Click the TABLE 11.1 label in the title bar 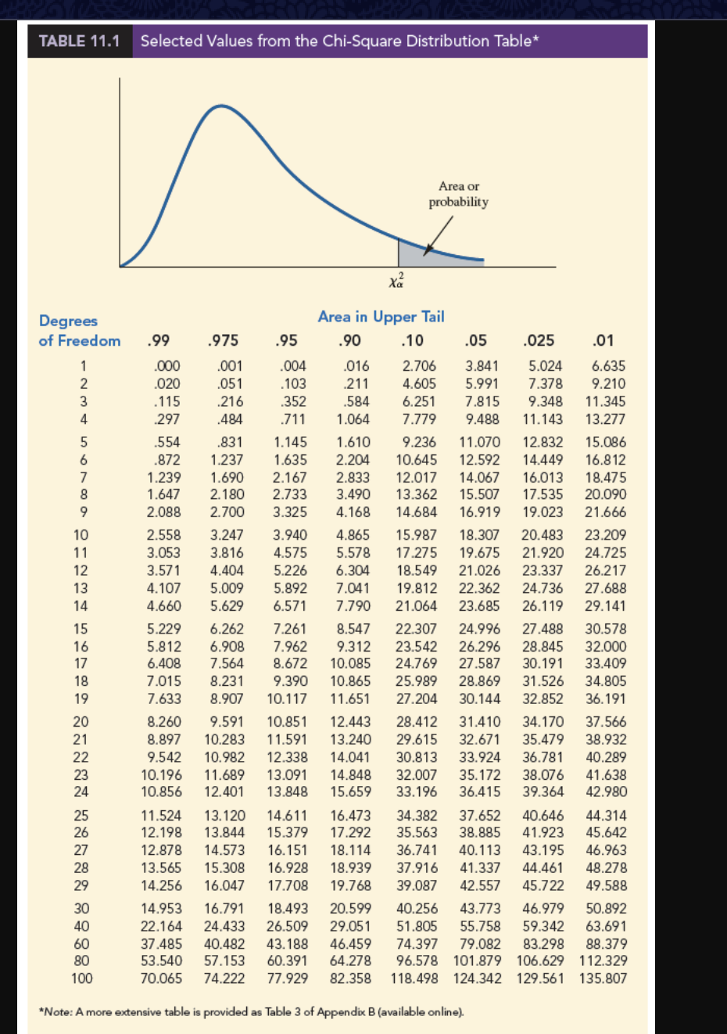coord(79,41)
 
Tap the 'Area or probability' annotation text coord(458,194)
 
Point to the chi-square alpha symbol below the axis coord(397,280)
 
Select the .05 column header coord(475,340)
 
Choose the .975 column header coord(224,340)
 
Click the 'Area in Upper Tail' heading coord(381,317)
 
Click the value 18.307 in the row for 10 coord(479,535)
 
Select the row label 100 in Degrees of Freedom coord(81,978)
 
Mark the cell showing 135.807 coord(603,978)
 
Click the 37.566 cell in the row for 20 coord(606,722)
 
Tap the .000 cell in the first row coord(166,366)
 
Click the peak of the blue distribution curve coord(222,105)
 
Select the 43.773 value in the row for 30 coord(480,909)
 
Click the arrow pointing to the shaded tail coord(439,234)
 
